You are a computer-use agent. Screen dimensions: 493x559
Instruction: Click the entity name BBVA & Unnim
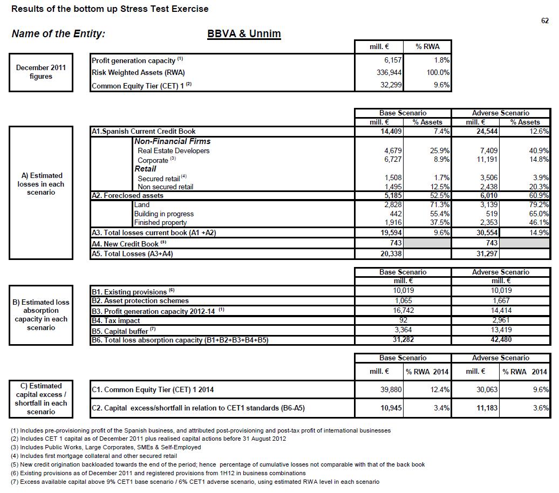coord(244,33)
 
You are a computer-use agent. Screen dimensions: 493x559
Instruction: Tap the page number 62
coord(544,21)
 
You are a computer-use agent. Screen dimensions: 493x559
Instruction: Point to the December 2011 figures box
coord(41,72)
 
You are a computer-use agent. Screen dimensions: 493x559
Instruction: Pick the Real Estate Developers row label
coord(173,150)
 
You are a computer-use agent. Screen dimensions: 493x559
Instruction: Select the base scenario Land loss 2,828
coord(392,205)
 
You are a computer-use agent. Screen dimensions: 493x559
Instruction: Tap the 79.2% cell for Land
coord(538,205)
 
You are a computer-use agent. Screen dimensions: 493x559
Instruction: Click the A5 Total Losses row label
coord(133,254)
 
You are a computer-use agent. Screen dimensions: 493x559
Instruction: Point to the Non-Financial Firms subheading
coord(172,141)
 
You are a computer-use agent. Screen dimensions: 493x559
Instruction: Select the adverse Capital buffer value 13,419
coord(500,330)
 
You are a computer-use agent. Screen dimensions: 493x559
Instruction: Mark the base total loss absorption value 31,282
coord(403,340)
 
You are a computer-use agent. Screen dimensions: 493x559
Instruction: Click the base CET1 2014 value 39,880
coord(391,389)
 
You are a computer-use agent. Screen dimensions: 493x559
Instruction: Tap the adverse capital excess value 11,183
coord(487,408)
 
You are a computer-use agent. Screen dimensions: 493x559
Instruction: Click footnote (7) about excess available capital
coord(195,482)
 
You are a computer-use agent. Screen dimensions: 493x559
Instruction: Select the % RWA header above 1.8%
coord(427,46)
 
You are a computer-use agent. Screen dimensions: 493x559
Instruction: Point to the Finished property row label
coord(160,223)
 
